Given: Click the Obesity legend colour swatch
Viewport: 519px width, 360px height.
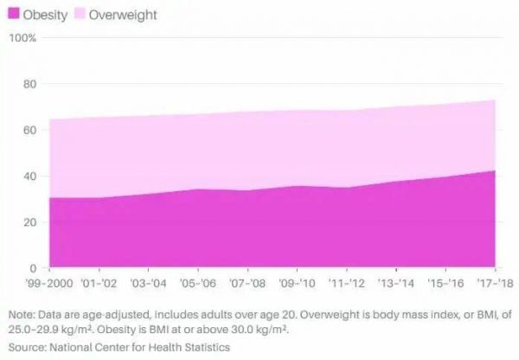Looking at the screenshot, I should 14,15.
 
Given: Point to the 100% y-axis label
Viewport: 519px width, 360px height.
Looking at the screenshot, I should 23,38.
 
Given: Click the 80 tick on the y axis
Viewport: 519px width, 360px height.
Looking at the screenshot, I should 29,84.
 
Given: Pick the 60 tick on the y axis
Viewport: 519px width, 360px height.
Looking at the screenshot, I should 29,130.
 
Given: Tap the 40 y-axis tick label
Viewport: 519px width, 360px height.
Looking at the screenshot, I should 29,176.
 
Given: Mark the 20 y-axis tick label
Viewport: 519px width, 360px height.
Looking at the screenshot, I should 29,222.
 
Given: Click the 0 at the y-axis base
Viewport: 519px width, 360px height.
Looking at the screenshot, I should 32,267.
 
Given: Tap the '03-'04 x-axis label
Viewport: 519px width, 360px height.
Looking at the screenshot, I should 148,282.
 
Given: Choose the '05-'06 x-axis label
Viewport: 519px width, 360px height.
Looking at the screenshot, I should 198,282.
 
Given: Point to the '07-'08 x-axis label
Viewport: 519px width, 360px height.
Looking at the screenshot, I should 248,282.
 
